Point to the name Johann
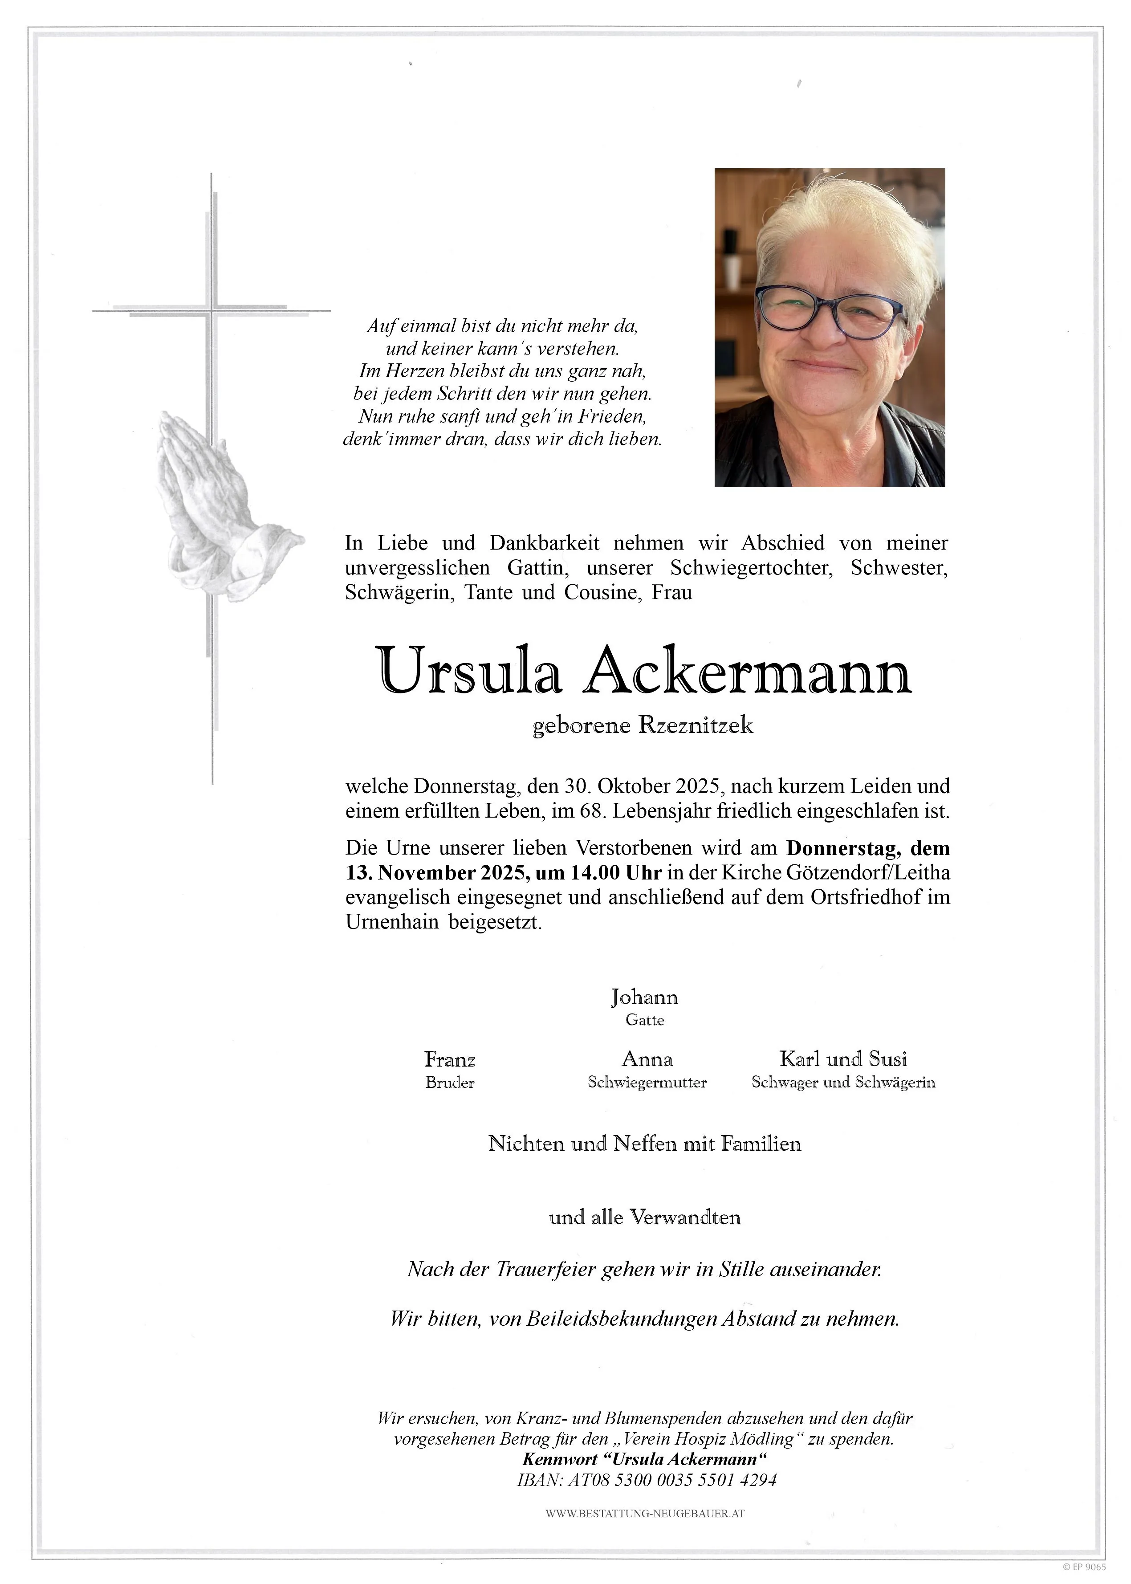(x=644, y=998)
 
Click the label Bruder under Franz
(x=450, y=1083)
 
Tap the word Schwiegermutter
(x=647, y=1083)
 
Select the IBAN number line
(x=646, y=1480)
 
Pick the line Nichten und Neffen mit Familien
(x=645, y=1144)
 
